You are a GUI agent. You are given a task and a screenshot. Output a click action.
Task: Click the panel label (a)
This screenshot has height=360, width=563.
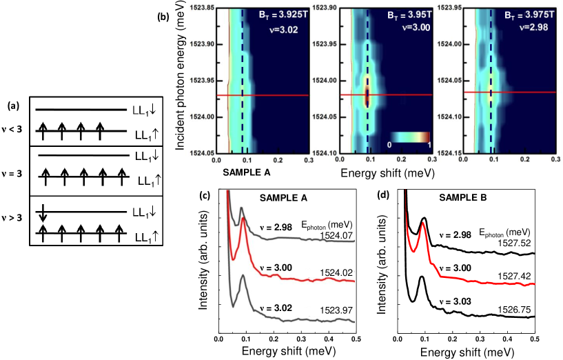[x=13, y=106]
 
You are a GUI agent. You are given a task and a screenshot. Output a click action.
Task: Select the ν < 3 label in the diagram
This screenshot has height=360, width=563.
[x=13, y=126]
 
